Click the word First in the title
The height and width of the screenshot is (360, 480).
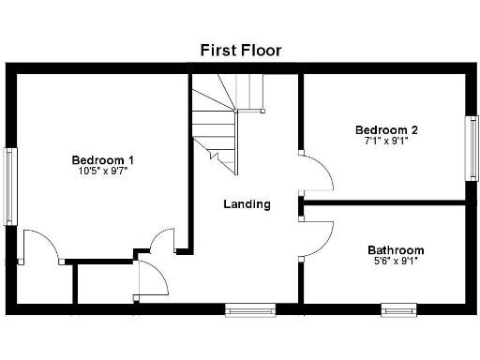pos(217,50)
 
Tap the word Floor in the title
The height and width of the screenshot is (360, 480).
pos(261,50)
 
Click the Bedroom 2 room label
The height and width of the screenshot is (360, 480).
pos(385,129)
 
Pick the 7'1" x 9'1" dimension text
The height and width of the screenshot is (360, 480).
pos(385,142)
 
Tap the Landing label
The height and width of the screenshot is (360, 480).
pos(247,203)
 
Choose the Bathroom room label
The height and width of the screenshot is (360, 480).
pos(395,250)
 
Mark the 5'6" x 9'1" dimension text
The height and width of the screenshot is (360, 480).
pos(395,262)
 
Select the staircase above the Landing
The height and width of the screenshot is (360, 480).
pos(228,122)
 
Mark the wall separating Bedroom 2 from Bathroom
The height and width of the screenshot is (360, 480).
pos(384,202)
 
